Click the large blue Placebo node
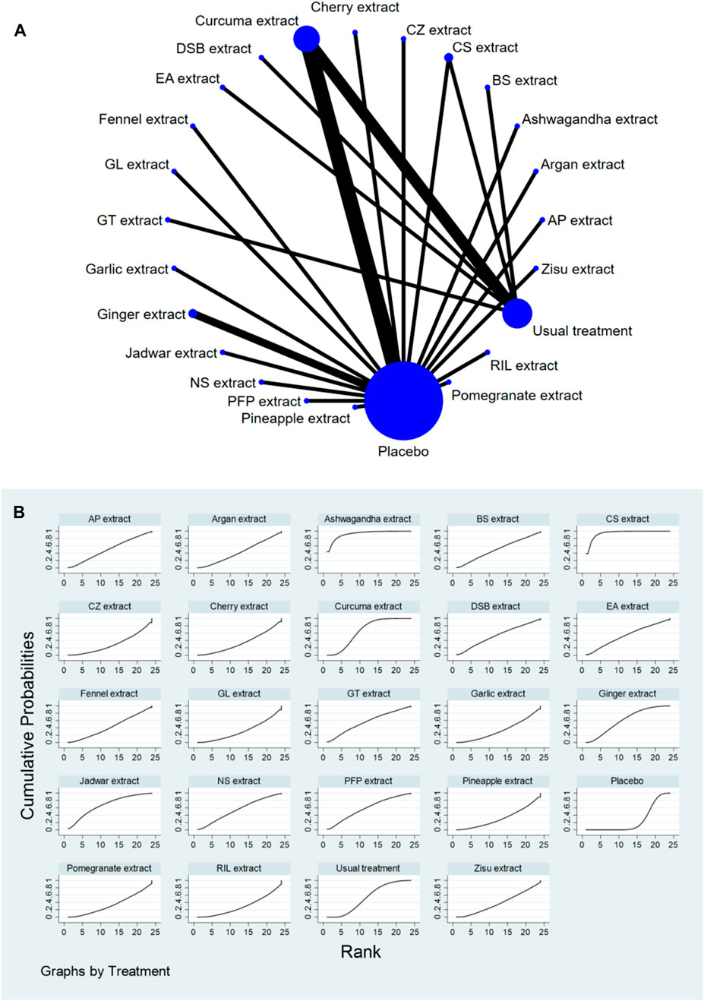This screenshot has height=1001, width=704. coord(403,400)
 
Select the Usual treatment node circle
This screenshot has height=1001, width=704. coord(517,313)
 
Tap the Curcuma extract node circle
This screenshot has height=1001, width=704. coord(307,38)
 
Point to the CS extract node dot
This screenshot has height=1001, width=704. coord(449,58)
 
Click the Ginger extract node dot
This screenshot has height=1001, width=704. coord(193,314)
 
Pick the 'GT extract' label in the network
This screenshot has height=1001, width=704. coord(130,221)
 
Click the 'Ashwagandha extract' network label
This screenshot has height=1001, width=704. coord(589,119)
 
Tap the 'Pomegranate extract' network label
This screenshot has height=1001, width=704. coord(516,396)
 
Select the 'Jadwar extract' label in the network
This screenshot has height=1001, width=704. coord(172,353)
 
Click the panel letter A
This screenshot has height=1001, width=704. coord(21,32)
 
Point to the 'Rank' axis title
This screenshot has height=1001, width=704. coord(361,951)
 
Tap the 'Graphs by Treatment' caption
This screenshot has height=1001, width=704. coord(106,971)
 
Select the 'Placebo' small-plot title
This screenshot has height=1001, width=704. coord(627,781)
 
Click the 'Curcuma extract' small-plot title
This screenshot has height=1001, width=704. coord(368,606)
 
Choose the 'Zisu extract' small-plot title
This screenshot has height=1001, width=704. coord(497,868)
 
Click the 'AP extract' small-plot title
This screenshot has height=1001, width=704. coord(109,519)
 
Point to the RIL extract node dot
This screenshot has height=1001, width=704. coord(488,352)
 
